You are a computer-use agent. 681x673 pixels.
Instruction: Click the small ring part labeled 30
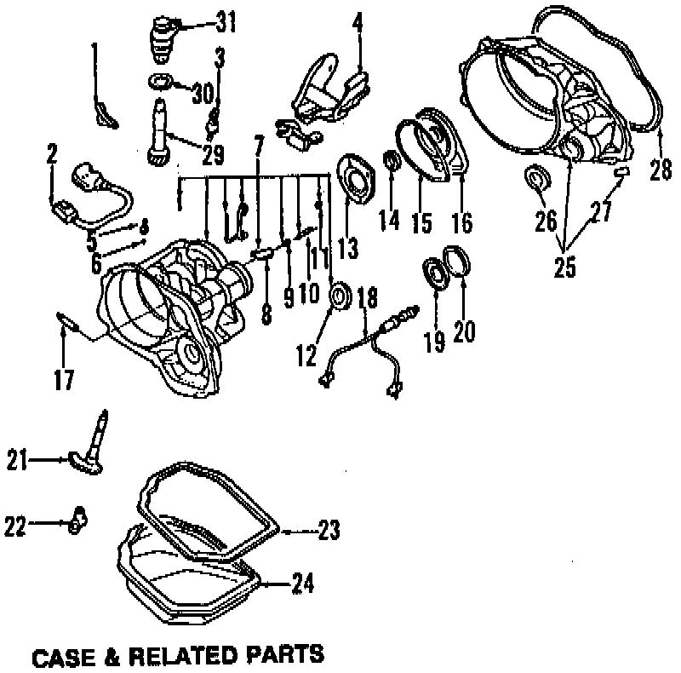[161, 82]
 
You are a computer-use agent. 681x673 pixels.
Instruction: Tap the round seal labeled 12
[340, 296]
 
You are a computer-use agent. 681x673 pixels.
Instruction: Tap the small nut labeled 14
[393, 161]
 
